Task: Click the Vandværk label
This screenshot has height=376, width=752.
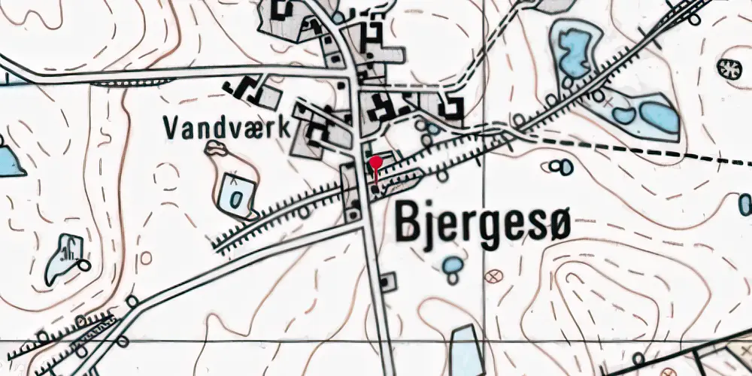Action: click(x=226, y=128)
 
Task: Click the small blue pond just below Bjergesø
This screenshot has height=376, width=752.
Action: click(x=452, y=265)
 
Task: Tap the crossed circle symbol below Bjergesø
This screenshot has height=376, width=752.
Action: click(x=494, y=276)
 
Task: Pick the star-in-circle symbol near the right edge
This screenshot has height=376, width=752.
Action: click(x=727, y=68)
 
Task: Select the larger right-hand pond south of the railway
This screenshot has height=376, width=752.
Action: click(x=658, y=116)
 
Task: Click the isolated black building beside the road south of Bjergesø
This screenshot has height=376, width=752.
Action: click(x=387, y=283)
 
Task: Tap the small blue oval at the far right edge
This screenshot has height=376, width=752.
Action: click(x=745, y=204)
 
